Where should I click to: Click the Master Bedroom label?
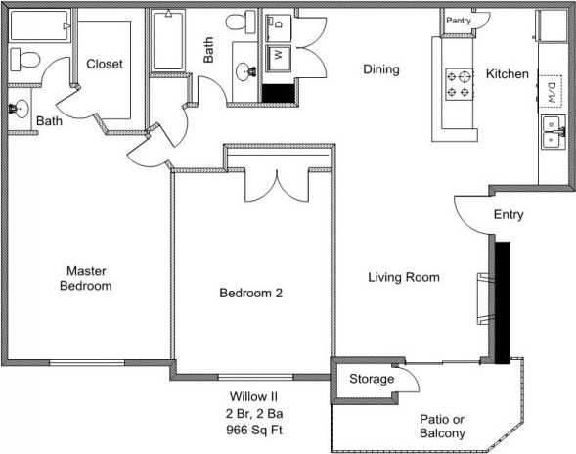point(86,278)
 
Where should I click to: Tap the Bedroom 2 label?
point(251,293)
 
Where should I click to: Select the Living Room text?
point(404,277)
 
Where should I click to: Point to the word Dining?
point(381,69)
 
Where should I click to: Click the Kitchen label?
point(508,74)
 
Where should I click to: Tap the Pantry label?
point(459,21)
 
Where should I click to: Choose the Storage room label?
point(372,379)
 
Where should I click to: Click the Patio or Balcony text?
point(442,426)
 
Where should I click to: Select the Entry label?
point(509,214)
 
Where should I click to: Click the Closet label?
point(105,64)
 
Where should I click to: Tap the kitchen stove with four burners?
point(460,84)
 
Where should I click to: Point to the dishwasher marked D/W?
point(550,92)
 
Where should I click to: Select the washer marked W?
point(279,58)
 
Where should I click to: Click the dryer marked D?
point(278,27)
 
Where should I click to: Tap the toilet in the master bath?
point(24,60)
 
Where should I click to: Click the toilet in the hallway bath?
point(241,22)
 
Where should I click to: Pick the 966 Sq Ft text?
point(254,430)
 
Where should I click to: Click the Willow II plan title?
point(253,396)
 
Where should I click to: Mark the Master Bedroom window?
point(87,362)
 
